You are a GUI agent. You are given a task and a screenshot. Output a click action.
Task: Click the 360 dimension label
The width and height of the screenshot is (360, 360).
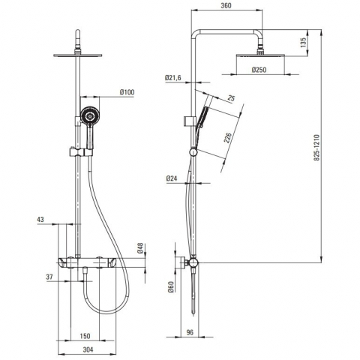point(226,5)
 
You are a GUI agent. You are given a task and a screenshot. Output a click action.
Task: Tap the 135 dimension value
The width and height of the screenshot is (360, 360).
point(303,43)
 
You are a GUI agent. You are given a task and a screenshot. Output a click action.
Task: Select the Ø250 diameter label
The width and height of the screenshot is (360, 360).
point(259,70)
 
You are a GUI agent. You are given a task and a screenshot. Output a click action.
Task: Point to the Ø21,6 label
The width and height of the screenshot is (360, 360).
point(172,78)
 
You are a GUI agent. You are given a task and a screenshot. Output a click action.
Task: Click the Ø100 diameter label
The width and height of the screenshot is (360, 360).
point(127,92)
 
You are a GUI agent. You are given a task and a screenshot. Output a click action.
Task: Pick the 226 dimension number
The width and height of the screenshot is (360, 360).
point(227,138)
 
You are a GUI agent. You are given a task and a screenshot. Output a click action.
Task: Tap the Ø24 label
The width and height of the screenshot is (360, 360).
point(172,178)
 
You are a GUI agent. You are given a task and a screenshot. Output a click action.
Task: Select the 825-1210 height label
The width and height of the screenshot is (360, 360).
point(316,148)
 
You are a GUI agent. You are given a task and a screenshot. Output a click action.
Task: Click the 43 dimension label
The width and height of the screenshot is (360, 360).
point(40,220)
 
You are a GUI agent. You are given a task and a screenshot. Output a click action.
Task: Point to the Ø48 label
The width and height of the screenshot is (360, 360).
point(140,248)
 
